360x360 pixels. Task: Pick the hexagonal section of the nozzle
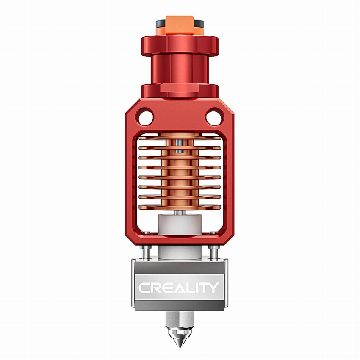tap(180, 321)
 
